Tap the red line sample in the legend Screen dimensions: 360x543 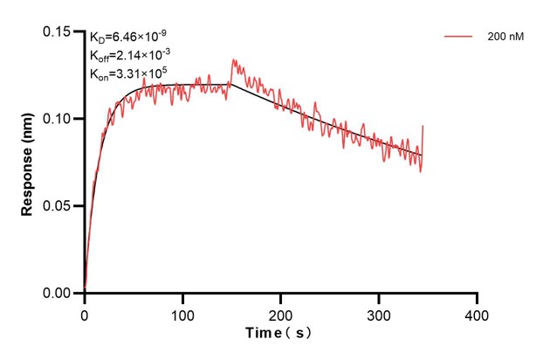click(x=459, y=37)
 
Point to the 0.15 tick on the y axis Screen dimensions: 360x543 click(x=58, y=31)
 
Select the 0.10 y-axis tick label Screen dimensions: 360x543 click(x=58, y=119)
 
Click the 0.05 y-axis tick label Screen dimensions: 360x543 click(x=58, y=206)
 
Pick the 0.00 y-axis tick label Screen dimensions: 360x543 click(x=58, y=294)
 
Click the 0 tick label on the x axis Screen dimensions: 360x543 click(x=85, y=312)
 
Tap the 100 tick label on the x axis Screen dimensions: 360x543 click(x=182, y=312)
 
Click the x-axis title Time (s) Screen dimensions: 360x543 click(x=279, y=333)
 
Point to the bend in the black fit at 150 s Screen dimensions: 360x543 click(x=231, y=85)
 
